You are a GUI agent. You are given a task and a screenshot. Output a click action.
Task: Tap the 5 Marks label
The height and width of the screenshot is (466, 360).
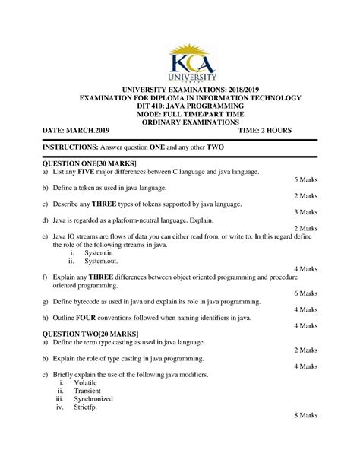click(305, 181)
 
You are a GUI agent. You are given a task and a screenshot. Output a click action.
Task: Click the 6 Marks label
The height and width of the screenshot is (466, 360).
click(305, 293)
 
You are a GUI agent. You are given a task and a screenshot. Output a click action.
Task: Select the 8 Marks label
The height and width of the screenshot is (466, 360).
click(305, 417)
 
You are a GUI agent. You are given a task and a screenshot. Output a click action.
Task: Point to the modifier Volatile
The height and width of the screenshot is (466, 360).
click(86, 383)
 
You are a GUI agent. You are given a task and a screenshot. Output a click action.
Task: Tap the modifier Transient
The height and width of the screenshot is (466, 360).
click(87, 391)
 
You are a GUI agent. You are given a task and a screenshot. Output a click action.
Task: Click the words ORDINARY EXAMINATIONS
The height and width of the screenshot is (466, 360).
click(180, 122)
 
